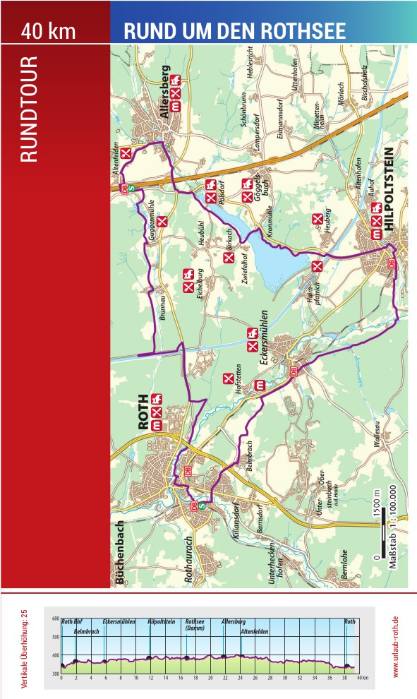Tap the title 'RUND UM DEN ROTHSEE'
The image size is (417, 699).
[x=234, y=31]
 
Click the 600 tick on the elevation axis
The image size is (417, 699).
[x=56, y=619]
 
